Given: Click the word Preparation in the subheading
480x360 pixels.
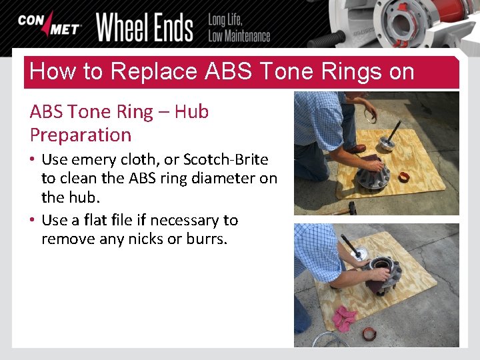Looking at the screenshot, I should [81, 135].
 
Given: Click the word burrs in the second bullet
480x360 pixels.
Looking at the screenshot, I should [207, 238].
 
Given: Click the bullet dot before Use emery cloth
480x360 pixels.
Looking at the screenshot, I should [33, 160].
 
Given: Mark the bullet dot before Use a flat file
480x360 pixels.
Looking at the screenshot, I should [33, 221].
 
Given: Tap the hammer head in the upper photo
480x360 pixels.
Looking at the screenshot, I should [353, 208].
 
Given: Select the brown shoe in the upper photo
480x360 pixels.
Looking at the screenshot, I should [357, 149].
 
